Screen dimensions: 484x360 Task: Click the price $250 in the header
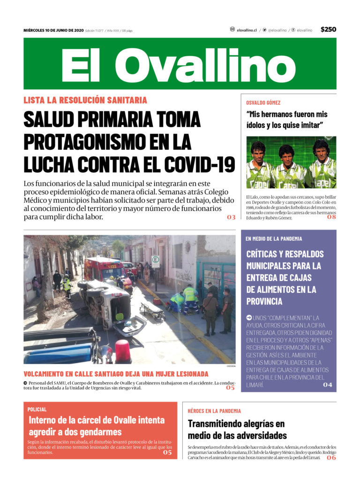pos(328,30)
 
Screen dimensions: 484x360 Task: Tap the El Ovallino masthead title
pos(180,65)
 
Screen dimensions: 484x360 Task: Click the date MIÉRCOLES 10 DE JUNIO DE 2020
pos(53,30)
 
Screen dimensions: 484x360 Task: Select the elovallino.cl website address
pos(247,30)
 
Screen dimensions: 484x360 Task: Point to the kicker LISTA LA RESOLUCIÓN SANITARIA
pos(85,100)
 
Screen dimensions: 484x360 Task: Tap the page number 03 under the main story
pos(231,217)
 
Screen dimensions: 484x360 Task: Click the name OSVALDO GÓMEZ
pos(263,102)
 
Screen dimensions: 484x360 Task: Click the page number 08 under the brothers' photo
pos(331,216)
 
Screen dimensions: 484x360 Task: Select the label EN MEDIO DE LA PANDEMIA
pos(274,238)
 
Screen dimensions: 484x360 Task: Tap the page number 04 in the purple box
pos(327,385)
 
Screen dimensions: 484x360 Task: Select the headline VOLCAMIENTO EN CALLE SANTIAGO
pos(116,374)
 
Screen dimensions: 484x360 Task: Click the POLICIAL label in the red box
pos(37,409)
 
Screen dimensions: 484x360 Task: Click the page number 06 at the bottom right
pos(331,458)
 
